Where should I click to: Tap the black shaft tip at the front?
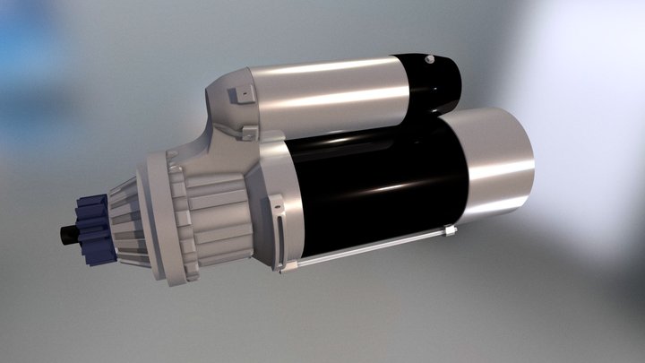68,234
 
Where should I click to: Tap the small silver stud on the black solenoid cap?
431,60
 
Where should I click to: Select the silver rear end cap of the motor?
497,166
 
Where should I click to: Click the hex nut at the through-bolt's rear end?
450,231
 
